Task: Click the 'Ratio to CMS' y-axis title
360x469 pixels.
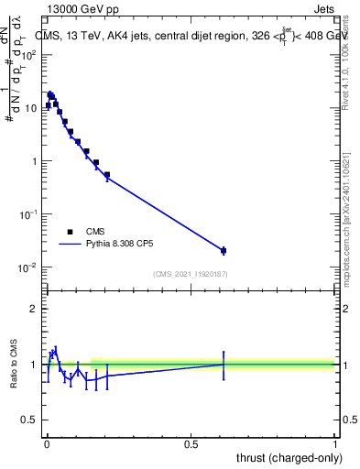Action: click(15, 364)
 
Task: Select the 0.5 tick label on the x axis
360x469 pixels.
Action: click(191, 444)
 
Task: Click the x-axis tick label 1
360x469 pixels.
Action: click(335, 444)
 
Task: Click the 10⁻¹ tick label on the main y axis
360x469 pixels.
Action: click(30, 214)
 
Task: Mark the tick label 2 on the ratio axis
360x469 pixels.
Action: click(34, 309)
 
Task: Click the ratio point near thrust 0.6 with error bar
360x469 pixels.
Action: click(223, 365)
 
